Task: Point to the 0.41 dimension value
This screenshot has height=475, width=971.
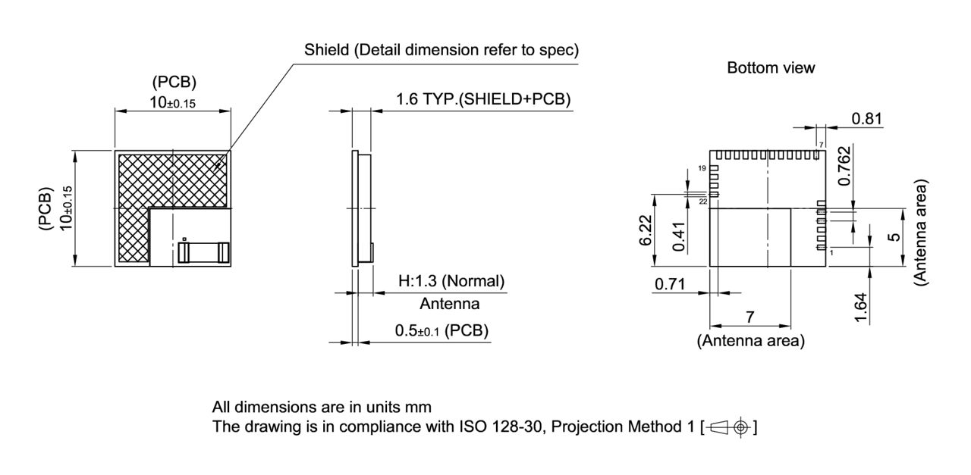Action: point(680,236)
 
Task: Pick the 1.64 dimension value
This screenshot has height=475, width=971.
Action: point(861,308)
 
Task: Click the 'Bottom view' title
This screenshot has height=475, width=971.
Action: point(771,68)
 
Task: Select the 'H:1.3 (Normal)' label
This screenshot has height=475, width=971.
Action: point(451,281)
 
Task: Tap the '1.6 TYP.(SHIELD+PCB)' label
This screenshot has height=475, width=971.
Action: point(483,99)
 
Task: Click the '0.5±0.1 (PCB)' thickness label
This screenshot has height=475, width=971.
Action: point(442,331)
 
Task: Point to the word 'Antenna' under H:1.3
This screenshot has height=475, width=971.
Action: point(450,304)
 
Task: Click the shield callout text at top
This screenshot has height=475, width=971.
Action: point(442,51)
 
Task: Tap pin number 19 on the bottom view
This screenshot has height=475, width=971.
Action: point(702,167)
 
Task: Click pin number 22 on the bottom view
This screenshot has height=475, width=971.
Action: point(702,202)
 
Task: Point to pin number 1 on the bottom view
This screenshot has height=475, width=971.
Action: point(831,252)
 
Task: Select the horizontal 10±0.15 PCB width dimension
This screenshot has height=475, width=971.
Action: point(173,102)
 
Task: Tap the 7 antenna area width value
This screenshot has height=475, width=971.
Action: point(749,317)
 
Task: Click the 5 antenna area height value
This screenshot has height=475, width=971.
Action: point(895,236)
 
